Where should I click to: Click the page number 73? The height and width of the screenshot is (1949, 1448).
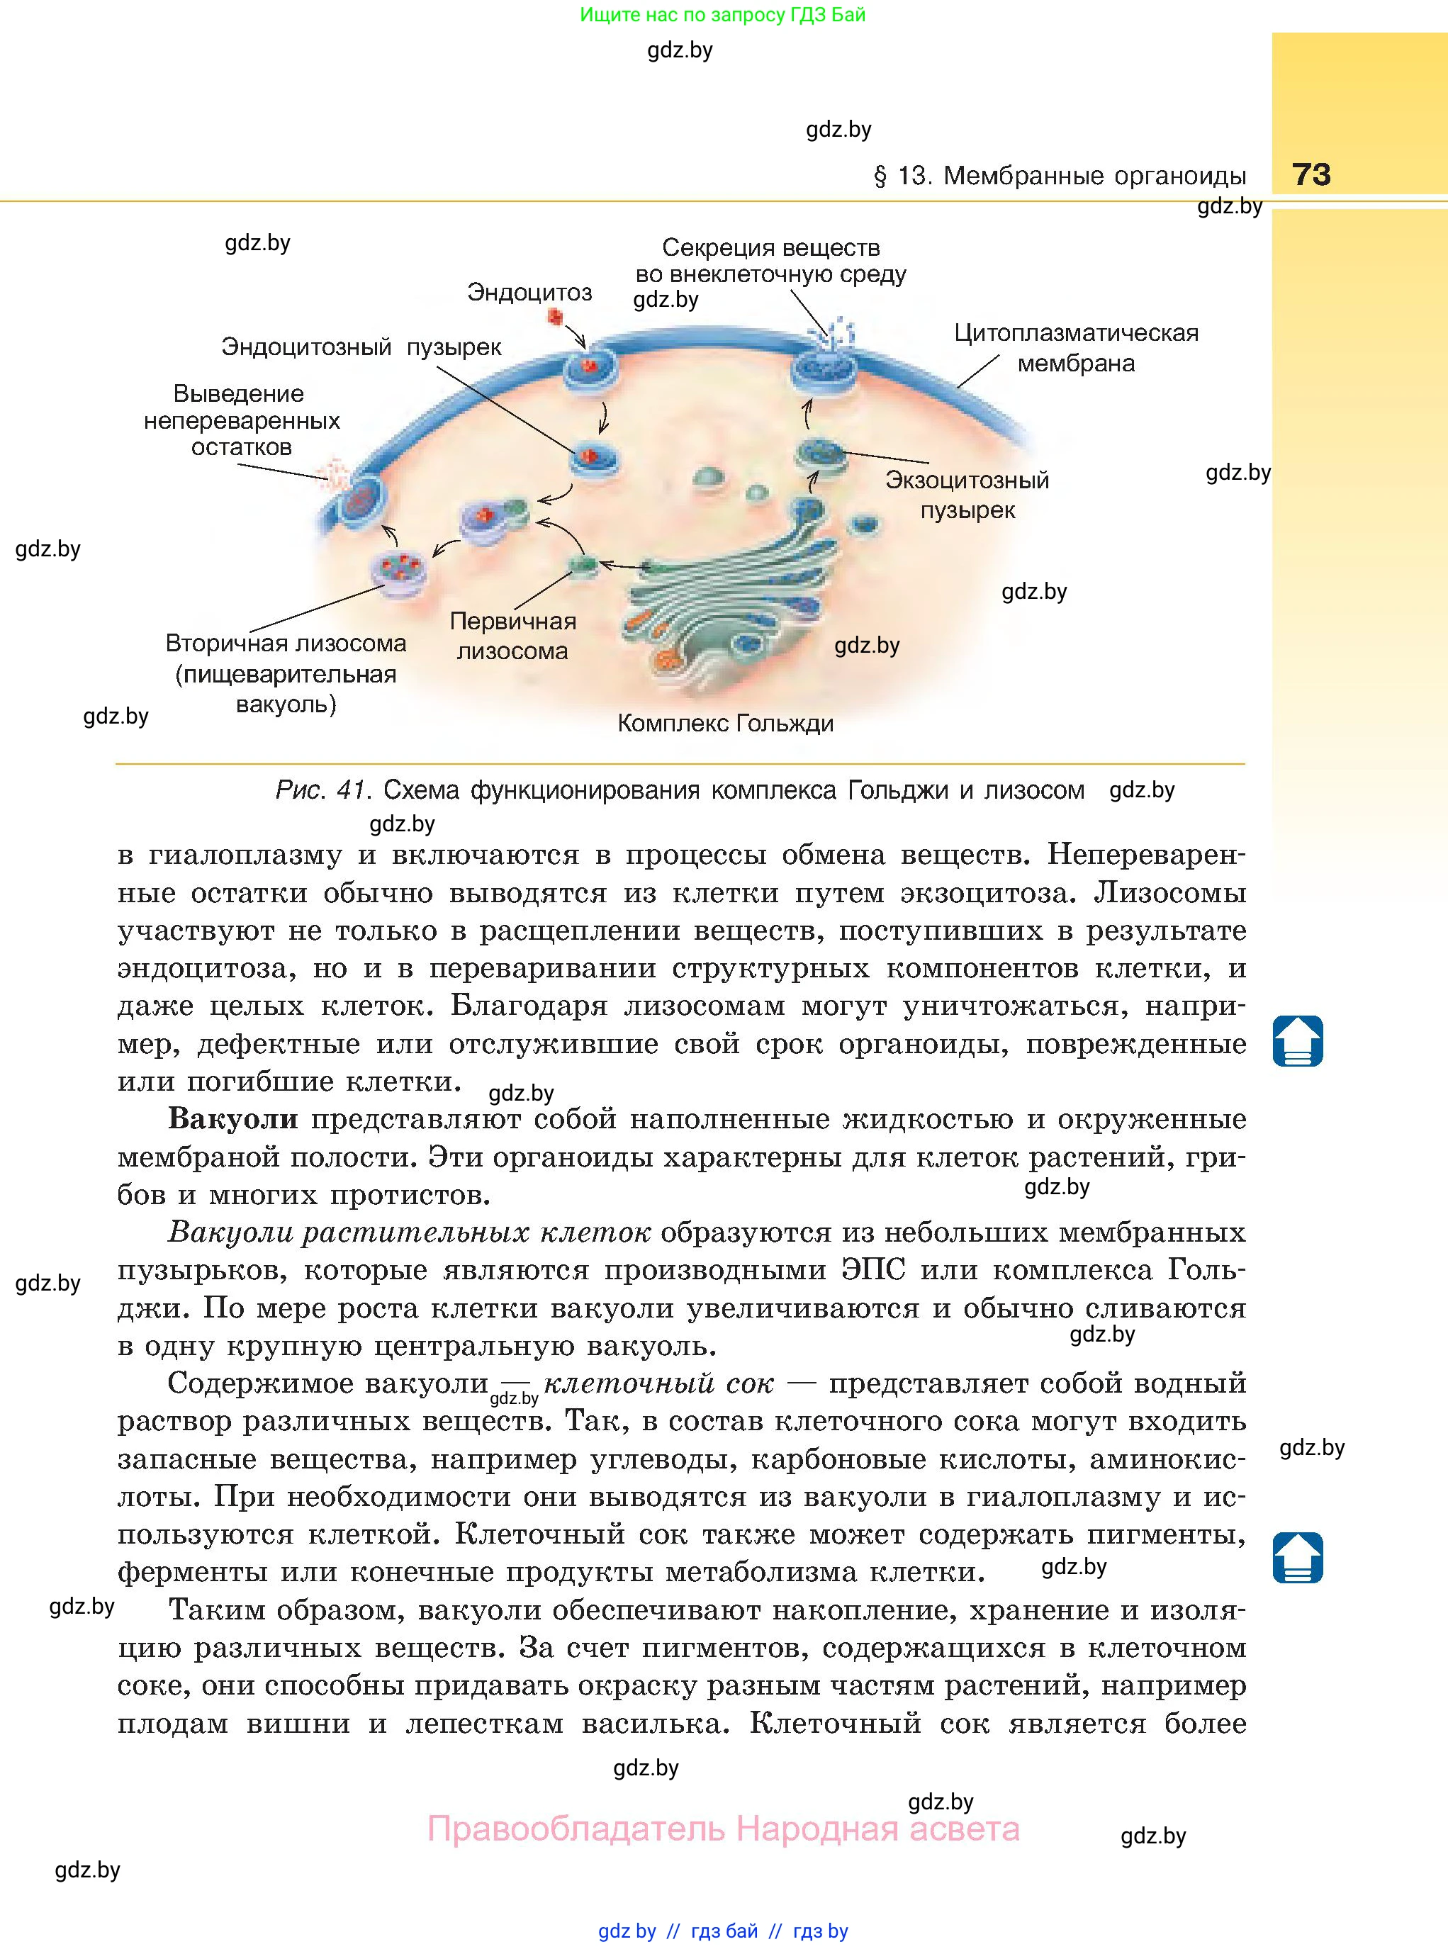[1311, 174]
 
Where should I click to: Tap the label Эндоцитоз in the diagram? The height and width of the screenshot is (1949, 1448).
[529, 292]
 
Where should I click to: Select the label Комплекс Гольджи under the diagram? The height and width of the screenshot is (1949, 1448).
[725, 724]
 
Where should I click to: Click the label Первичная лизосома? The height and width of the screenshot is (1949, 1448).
[512, 636]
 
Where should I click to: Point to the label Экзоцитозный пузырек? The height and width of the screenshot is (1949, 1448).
[967, 495]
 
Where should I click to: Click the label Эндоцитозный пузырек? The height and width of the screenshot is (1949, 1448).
[361, 347]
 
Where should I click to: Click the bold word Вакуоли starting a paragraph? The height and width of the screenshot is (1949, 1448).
[232, 1119]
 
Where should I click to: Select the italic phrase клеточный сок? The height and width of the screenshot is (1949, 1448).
[659, 1383]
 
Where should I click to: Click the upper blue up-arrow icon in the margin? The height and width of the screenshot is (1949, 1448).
[1297, 1040]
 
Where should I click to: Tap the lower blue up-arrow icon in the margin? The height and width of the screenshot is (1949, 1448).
[1297, 1557]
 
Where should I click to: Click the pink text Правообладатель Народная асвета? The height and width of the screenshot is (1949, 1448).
[723, 1829]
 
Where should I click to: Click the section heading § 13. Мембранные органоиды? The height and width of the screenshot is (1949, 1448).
[1060, 176]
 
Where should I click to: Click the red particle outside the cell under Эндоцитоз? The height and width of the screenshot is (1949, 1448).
[554, 316]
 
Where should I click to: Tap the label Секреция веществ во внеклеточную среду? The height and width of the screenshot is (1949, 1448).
[770, 261]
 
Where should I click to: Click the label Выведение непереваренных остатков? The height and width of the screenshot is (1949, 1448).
[241, 421]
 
